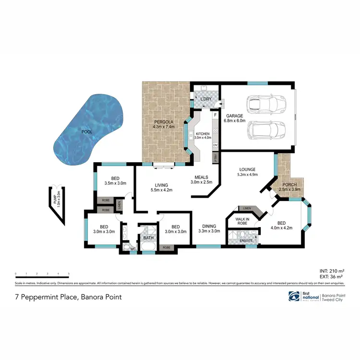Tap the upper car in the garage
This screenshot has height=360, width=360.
(x=265, y=103)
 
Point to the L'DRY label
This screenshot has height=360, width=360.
(x=206, y=99)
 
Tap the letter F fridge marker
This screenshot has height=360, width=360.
(x=216, y=116)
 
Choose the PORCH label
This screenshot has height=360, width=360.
(x=289, y=185)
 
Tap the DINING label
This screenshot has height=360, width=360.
(x=209, y=226)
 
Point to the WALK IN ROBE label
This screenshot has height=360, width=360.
(x=241, y=221)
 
